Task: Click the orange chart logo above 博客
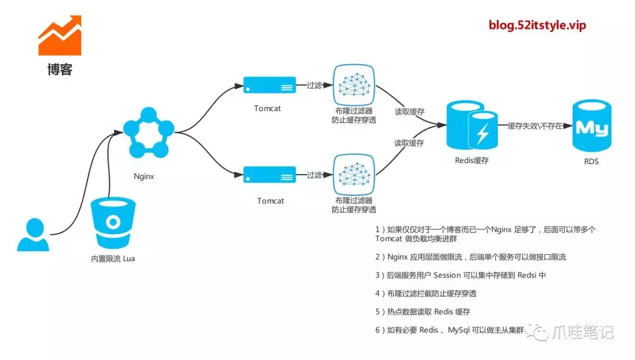point(59,37)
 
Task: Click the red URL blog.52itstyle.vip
point(537,25)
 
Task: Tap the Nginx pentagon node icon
point(149,134)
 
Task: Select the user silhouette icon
point(33,235)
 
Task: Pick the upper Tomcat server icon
point(270,86)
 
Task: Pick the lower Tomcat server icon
point(270,175)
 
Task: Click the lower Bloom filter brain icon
point(354,175)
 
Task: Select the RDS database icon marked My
point(591,126)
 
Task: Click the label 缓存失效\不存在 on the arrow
point(534,126)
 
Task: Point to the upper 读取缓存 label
point(409,112)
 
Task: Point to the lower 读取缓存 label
point(409,143)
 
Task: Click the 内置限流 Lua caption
point(113,258)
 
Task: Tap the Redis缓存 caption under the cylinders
point(472,160)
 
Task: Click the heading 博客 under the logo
point(59,70)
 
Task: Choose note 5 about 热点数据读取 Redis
point(423,312)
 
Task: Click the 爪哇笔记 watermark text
point(582,333)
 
